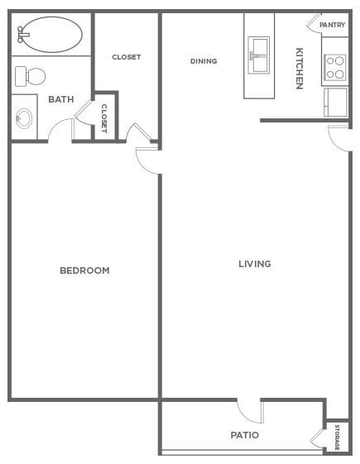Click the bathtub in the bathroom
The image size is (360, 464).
(52, 35)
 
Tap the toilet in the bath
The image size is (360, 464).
(30, 76)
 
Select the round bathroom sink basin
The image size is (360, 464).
(24, 118)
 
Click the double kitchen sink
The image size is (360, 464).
(258, 55)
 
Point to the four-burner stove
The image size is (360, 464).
(335, 68)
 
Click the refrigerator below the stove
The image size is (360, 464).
(335, 102)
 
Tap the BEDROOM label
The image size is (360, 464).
(84, 270)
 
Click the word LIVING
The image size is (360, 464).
(255, 264)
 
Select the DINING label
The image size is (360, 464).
(204, 61)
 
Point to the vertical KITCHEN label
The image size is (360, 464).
(300, 69)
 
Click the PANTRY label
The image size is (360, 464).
(332, 25)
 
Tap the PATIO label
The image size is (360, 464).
(245, 435)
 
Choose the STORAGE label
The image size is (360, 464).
(337, 438)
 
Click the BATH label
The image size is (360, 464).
(61, 99)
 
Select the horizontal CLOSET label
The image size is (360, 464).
(127, 57)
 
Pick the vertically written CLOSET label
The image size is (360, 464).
(104, 118)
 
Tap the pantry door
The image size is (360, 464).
(314, 22)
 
